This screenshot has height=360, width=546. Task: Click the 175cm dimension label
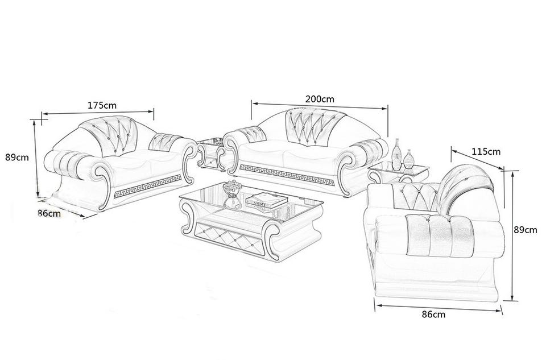[x=102, y=105]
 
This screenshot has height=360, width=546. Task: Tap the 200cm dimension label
[x=320, y=99]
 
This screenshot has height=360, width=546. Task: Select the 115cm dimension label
[x=486, y=152]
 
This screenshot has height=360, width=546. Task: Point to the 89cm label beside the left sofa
[x=17, y=158]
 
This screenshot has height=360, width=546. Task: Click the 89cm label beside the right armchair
[x=526, y=230]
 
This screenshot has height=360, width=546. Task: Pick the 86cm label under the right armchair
[x=433, y=315]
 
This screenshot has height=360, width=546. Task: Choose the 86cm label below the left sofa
[x=49, y=213]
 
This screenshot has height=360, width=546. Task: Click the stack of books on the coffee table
[x=267, y=201]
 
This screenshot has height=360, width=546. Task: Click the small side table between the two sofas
[x=211, y=154]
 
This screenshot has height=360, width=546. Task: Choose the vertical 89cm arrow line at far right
[x=512, y=235]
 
